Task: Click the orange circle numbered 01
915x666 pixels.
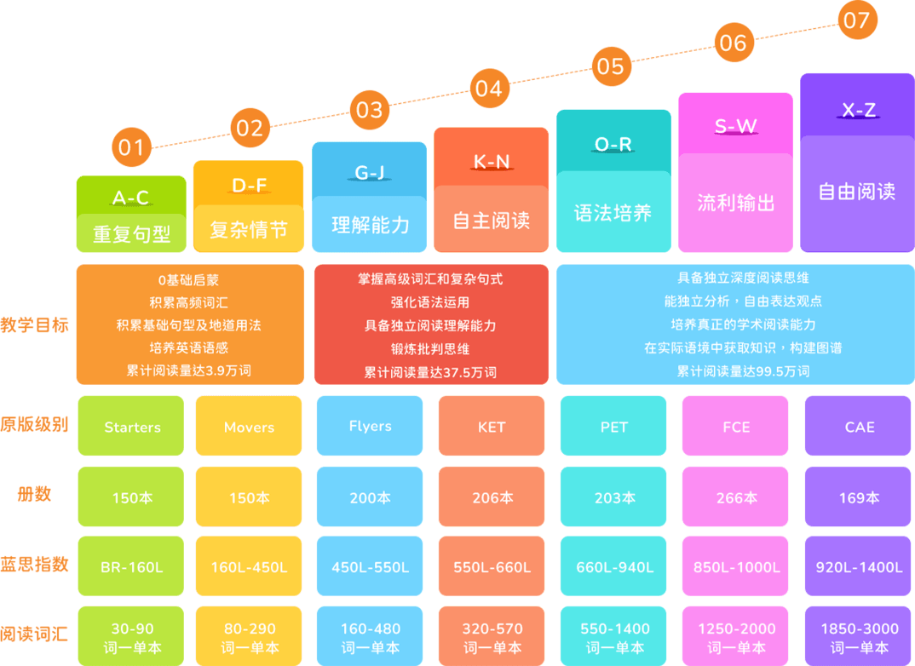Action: click(131, 148)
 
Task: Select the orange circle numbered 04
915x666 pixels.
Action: click(488, 89)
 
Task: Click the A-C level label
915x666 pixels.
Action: click(130, 198)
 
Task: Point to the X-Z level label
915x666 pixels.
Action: click(858, 110)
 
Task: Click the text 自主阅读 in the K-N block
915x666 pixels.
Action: click(491, 221)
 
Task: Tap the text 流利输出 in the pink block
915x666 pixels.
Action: click(736, 203)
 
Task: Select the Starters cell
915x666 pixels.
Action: click(132, 427)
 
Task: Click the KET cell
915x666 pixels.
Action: click(492, 427)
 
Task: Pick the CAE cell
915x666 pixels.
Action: click(859, 427)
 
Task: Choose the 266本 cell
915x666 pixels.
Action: click(736, 497)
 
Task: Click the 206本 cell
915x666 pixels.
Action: click(492, 497)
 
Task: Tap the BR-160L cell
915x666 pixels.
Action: click(132, 566)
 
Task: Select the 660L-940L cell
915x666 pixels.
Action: click(613, 566)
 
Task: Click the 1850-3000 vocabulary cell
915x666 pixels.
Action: click(859, 637)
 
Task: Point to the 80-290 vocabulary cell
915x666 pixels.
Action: click(249, 637)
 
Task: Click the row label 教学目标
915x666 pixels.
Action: click(34, 324)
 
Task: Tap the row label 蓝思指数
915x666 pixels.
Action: click(34, 565)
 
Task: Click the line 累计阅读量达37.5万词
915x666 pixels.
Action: click(430, 372)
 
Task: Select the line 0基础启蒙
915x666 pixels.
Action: click(189, 278)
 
